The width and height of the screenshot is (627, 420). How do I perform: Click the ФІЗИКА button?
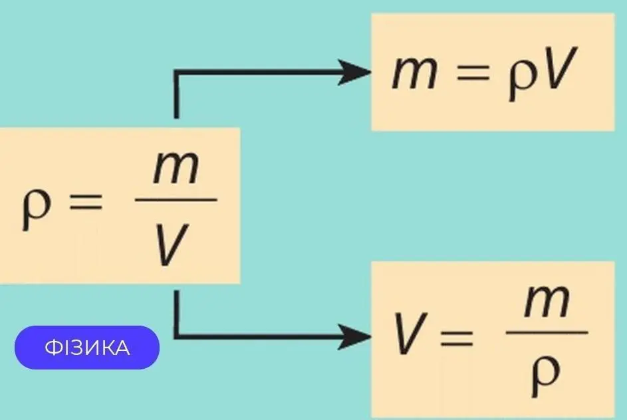point(87,348)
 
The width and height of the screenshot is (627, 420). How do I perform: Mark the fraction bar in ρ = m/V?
point(176,199)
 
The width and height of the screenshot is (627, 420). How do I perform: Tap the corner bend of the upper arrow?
point(176,73)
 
